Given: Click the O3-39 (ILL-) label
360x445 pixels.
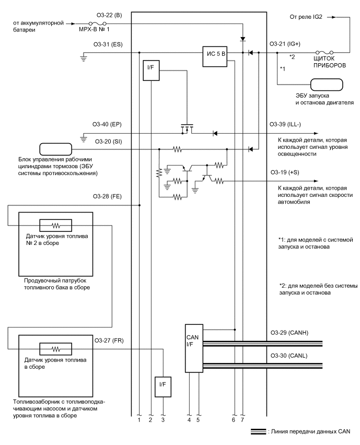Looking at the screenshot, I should [286, 124].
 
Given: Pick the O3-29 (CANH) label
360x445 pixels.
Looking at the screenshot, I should [288, 333].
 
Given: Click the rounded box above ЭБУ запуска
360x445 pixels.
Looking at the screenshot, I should [327, 85].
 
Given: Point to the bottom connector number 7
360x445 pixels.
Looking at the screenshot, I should [242, 419].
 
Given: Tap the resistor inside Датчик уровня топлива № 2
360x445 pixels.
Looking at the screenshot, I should [55, 226].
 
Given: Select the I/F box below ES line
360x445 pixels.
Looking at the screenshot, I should [150, 70].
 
